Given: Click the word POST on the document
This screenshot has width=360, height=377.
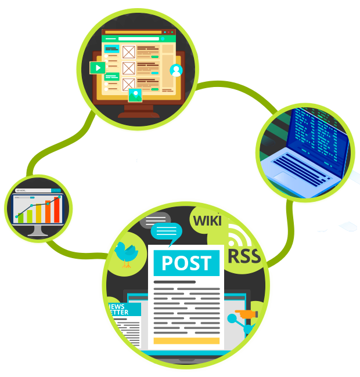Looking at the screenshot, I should coord(186,263).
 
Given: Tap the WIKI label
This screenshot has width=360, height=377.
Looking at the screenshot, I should coord(207,220).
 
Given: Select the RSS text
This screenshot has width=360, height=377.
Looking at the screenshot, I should coord(244,256).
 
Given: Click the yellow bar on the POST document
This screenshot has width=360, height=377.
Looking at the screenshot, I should coord(186,340).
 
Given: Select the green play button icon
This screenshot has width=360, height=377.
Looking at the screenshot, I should coord(98,67).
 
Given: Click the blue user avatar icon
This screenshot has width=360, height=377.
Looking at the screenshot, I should coord(176,70).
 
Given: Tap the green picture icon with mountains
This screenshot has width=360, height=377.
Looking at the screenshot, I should coord(136,95).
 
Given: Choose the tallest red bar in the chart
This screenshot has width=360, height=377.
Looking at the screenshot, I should coord(57,209).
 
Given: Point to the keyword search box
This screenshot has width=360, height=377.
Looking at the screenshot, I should coord(34,190).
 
